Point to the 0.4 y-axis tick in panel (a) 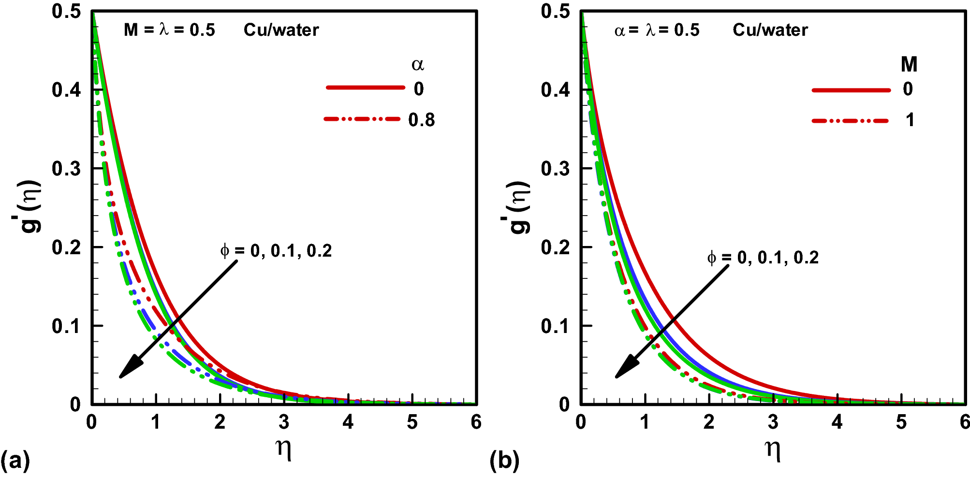pos(66,90)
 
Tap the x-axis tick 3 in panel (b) pos(773,422)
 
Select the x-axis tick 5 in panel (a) pos(412,422)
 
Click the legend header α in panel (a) pos(418,64)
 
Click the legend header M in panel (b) pos(909,64)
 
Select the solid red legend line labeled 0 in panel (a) pos(366,87)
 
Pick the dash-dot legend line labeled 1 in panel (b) pos(851,120)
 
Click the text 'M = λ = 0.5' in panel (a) pos(169,30)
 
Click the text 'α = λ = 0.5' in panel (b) pos(657,30)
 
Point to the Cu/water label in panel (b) pos(770,30)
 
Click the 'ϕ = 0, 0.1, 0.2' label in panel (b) pos(763,258)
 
